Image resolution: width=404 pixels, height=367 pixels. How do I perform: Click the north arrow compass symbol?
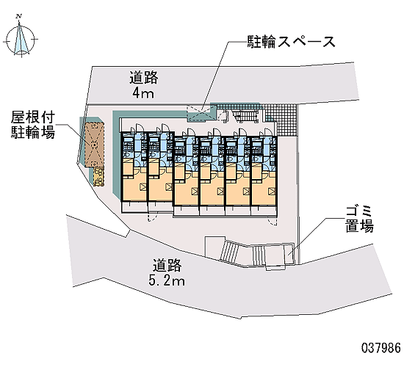point(21,40)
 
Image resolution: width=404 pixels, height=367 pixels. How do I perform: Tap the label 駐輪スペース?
point(292,41)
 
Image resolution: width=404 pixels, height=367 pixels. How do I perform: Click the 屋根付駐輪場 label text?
point(33,126)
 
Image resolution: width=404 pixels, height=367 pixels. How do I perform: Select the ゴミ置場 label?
point(359,219)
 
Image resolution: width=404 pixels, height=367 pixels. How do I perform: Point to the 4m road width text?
point(143,93)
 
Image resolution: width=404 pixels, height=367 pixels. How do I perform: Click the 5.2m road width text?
point(167,280)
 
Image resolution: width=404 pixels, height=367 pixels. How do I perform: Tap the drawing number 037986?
point(381,348)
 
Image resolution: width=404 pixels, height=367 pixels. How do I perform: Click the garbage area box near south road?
point(289,254)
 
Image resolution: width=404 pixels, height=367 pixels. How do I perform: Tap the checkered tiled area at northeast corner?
point(281,120)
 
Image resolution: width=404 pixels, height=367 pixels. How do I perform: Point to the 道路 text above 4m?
point(143,78)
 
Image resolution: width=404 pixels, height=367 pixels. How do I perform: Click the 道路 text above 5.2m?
point(167,265)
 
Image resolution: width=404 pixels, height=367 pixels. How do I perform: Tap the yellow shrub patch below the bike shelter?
point(98,177)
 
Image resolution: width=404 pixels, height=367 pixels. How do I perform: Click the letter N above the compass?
point(19,17)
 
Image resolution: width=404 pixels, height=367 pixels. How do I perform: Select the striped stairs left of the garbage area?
point(228,251)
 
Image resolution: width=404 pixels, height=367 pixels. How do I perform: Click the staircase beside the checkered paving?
point(245,115)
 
